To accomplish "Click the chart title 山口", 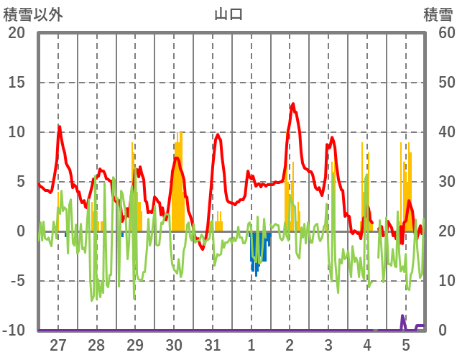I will coord(228,14).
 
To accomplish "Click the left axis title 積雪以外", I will coord(33,14).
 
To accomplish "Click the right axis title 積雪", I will coord(438,14).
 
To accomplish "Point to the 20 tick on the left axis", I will coord(16,33).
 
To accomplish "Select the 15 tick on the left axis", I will coord(16,83).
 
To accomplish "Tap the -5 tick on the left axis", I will coord(16,281).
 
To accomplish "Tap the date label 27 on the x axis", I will coord(58,344).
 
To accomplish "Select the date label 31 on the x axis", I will coord(213,344).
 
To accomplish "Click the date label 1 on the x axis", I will coord(251,344).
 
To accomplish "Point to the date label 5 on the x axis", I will coord(406,344).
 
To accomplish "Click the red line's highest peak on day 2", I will coord(292,104).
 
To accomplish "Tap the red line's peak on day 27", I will coord(60,127).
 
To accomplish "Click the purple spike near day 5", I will coord(403,317).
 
